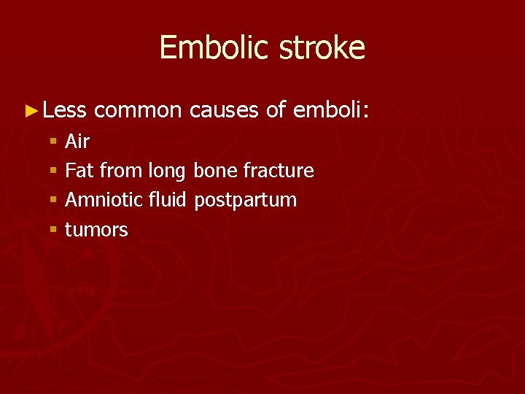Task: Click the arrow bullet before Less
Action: pyautogui.click(x=30, y=111)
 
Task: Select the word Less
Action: pyautogui.click(x=64, y=110)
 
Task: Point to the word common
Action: pyautogui.click(x=137, y=110)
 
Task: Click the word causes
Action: pyautogui.click(x=223, y=110)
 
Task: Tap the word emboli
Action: pyautogui.click(x=330, y=110)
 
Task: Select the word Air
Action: pyautogui.click(x=77, y=141)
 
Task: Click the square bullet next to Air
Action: pyautogui.click(x=53, y=142)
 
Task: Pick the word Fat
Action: pyautogui.click(x=79, y=171)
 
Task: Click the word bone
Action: pyautogui.click(x=216, y=171)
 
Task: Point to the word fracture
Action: pyautogui.click(x=279, y=171)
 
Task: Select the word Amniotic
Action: pyautogui.click(x=103, y=200)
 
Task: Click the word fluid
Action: pyautogui.click(x=168, y=200)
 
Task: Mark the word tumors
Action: pyautogui.click(x=96, y=230)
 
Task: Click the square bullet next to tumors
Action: pyautogui.click(x=53, y=231)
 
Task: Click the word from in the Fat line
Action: pyautogui.click(x=121, y=171)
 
